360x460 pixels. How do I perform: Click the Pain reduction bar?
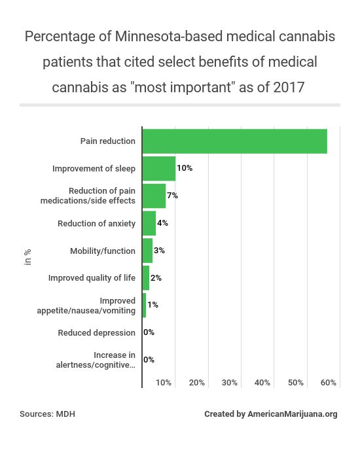[234, 141]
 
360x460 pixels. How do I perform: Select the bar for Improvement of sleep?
[158, 168]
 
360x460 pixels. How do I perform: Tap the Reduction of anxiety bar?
[149, 223]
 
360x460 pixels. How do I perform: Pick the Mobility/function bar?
[147, 251]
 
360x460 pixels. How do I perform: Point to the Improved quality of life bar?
[146, 278]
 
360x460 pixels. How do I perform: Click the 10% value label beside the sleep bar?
[184, 168]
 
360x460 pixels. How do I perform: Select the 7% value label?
[172, 196]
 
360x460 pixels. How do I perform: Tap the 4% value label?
[162, 223]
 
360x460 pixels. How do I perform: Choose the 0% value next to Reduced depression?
[149, 332]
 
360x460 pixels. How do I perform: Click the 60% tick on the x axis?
[329, 382]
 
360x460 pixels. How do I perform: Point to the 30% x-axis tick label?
[230, 382]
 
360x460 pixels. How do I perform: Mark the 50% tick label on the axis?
[296, 382]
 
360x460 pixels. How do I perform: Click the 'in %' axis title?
[27, 256]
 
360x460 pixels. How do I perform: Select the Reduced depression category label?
[96, 332]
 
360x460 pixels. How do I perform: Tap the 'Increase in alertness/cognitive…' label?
[96, 360]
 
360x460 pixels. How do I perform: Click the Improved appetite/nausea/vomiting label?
[86, 306]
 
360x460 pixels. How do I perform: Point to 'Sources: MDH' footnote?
[47, 414]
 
